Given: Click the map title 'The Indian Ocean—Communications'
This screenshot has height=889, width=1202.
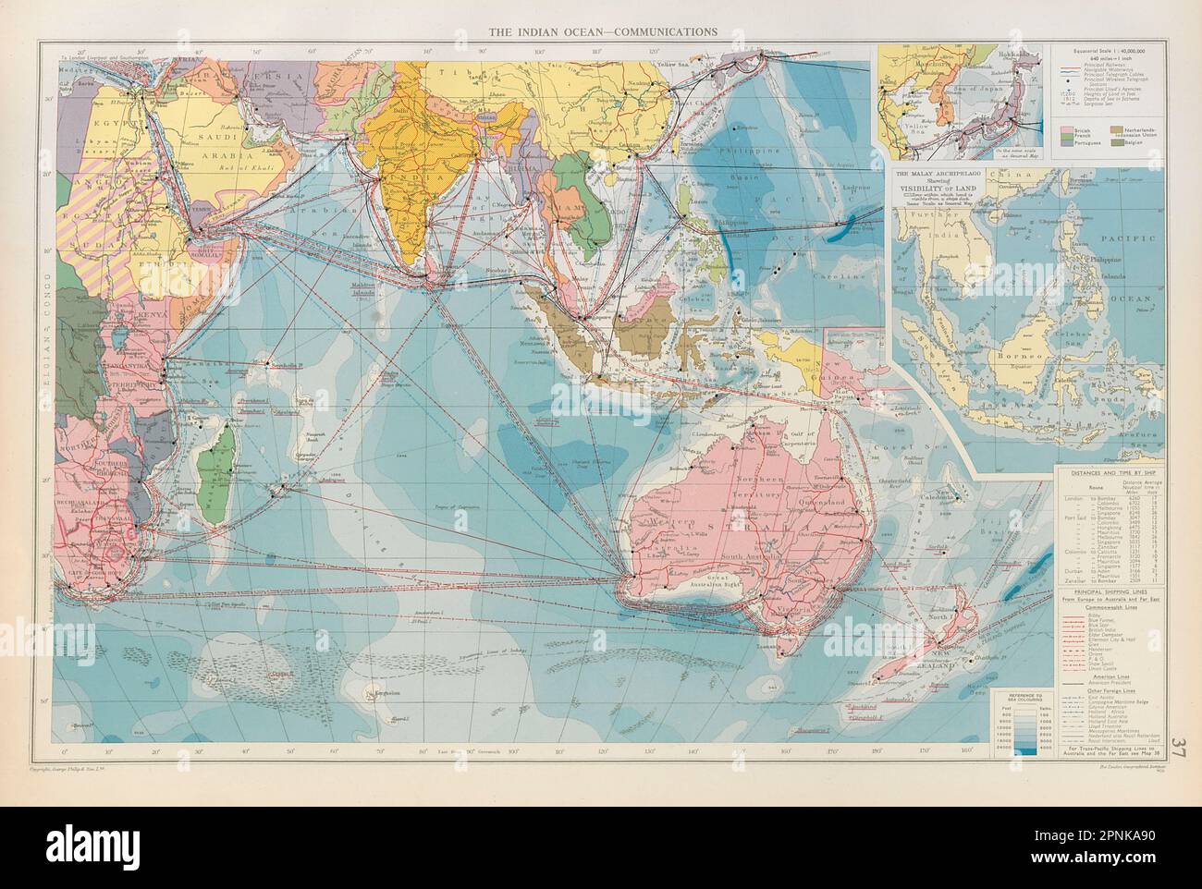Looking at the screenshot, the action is click(x=603, y=30).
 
